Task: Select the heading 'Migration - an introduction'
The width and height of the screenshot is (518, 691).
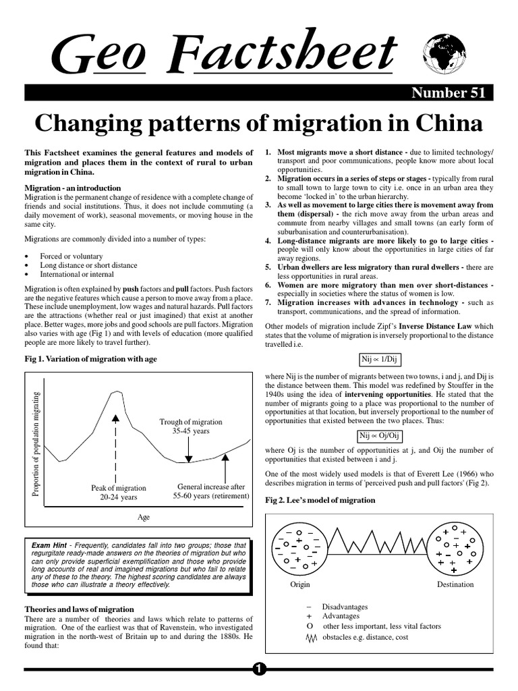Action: pos(73,188)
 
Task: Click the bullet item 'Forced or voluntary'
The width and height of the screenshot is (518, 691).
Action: pos(71,256)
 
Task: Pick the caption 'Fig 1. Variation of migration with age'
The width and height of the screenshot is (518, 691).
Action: pos(91,359)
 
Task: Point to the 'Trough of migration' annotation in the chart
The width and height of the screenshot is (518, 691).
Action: pos(191,422)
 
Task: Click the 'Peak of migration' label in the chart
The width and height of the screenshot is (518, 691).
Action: pos(118,488)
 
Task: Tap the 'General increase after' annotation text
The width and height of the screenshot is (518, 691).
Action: pos(211,487)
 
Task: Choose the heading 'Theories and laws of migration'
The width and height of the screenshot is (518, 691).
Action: pos(79,609)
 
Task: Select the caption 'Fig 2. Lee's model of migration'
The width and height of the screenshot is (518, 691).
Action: pos(320,500)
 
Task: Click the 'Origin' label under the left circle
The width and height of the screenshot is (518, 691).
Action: pos(299,584)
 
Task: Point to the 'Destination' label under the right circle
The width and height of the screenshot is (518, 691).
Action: pos(455,584)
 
